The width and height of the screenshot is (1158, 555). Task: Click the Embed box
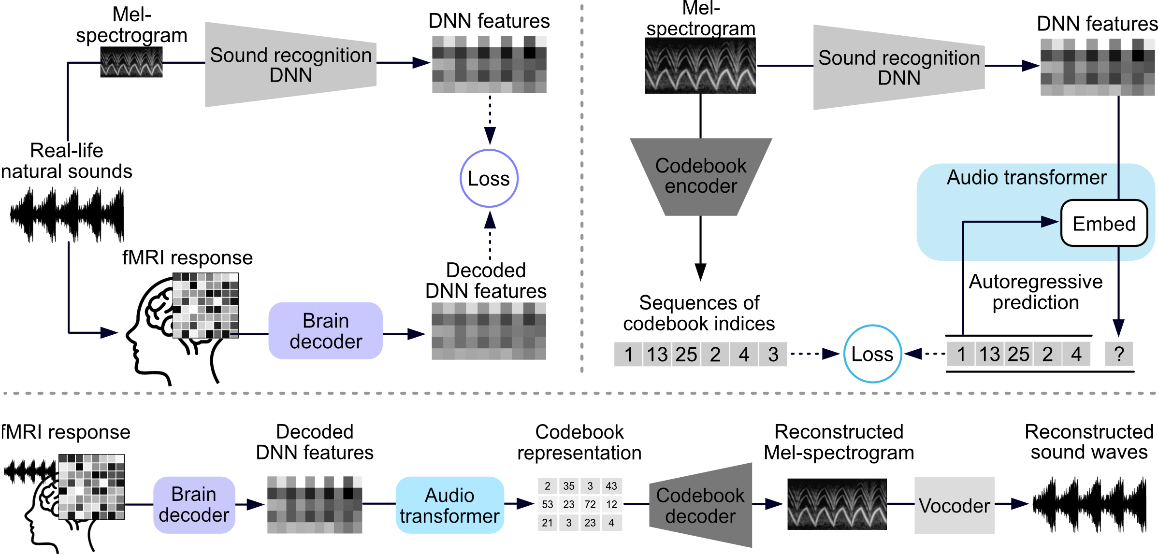pos(1104,223)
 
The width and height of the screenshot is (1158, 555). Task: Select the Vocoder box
pos(954,505)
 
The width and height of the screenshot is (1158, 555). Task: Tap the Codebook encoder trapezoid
pos(701,176)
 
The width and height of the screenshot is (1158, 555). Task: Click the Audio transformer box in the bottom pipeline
pos(449,505)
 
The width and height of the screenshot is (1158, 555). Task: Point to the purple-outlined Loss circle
pos(489,178)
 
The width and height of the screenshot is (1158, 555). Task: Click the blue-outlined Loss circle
pos(872,354)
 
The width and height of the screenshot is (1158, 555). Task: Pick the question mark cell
pos(1119,354)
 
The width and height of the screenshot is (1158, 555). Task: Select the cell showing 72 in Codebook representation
pos(590,504)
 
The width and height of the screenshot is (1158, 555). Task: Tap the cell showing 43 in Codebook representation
pos(611,486)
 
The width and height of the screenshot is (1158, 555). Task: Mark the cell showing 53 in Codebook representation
pos(548,504)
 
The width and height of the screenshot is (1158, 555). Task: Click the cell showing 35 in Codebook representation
pos(569,486)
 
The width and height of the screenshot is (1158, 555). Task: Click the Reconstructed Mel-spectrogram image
pos(837,504)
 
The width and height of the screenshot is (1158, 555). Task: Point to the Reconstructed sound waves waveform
pos(1089,505)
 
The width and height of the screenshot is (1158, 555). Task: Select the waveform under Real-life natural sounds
pos(67,215)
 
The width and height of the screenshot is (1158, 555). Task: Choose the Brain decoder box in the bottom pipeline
pos(194,505)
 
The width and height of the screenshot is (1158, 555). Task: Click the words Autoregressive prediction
pos(1036,292)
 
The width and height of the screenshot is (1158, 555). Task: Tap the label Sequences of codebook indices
pos(699,313)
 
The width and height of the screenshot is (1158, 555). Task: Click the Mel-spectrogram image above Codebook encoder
pos(700,66)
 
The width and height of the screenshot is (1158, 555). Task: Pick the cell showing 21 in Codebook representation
pos(548,523)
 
